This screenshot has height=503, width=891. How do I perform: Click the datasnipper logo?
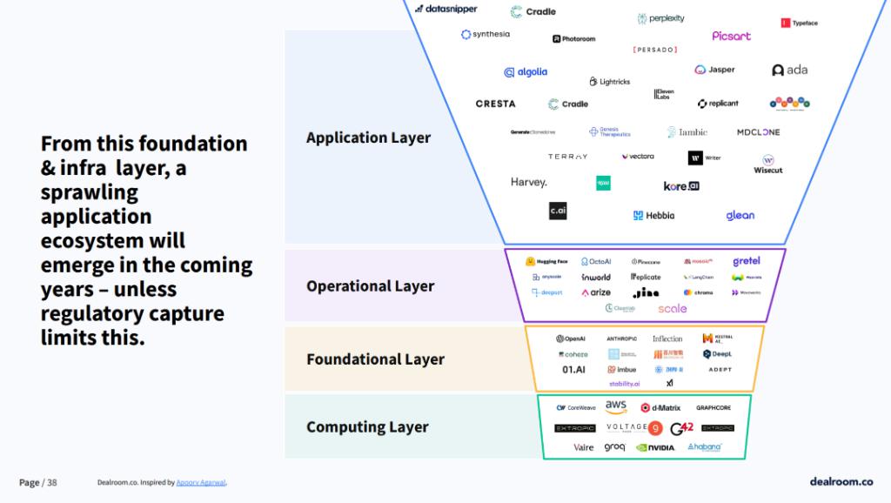click(x=445, y=9)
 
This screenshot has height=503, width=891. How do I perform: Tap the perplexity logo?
click(x=661, y=18)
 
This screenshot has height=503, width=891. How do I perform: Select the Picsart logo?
click(x=731, y=37)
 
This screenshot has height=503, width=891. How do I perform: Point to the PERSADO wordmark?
click(x=655, y=50)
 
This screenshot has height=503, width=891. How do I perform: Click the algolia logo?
click(x=526, y=72)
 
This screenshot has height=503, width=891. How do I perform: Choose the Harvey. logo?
click(x=529, y=183)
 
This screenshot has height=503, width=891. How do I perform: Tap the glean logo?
click(x=740, y=215)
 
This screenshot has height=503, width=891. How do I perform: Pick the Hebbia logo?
click(x=653, y=215)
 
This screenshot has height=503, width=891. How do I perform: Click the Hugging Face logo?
click(x=546, y=261)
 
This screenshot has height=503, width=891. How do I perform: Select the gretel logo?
click(x=746, y=261)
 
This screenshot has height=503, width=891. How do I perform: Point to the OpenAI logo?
click(x=571, y=339)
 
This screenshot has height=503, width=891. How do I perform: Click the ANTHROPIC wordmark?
click(x=621, y=339)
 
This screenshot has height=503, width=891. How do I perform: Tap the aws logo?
click(x=616, y=406)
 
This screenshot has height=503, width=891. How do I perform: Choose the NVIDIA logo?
click(x=655, y=447)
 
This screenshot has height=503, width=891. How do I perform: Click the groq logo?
click(x=614, y=447)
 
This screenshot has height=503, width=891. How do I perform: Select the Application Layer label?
click(x=368, y=137)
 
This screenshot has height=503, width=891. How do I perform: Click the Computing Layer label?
click(x=367, y=427)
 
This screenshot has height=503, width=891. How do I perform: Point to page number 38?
click(x=52, y=482)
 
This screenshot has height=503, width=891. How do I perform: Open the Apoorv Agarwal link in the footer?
click(x=201, y=482)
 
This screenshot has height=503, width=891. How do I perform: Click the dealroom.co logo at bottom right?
click(x=841, y=481)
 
